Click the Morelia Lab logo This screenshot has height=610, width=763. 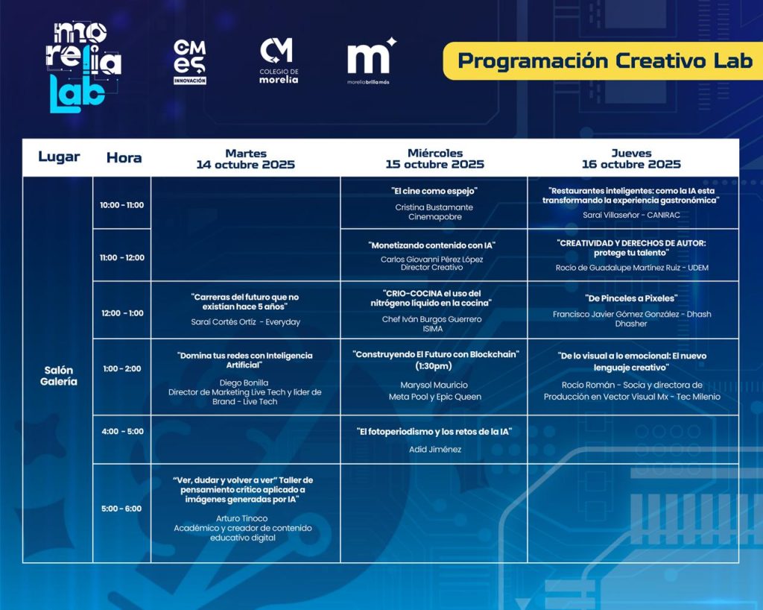click(x=83, y=67)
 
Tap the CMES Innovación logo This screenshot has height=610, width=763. click(x=190, y=62)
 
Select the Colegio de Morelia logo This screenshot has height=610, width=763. click(x=279, y=60)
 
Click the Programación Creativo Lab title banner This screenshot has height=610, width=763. click(x=603, y=61)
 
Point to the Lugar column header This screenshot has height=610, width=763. click(x=59, y=157)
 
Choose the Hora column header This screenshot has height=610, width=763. click(x=124, y=158)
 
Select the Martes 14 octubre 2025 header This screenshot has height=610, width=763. click(x=246, y=159)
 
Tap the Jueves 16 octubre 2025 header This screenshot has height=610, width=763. click(x=631, y=159)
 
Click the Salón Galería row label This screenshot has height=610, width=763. click(x=58, y=376)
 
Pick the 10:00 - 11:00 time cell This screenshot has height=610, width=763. click(x=121, y=205)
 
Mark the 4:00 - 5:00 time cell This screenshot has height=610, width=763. click(x=123, y=431)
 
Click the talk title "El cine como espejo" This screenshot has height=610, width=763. click(x=434, y=191)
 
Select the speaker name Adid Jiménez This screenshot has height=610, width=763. click(x=435, y=450)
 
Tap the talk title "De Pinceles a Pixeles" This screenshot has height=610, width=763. click(x=631, y=298)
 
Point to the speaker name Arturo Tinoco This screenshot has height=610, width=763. click(x=242, y=518)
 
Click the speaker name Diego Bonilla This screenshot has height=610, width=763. click(x=244, y=383)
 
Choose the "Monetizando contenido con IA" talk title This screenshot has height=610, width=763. click(x=431, y=245)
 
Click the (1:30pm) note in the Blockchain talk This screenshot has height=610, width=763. click(x=434, y=366)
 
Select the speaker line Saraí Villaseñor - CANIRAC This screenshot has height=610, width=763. click(x=631, y=215)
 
